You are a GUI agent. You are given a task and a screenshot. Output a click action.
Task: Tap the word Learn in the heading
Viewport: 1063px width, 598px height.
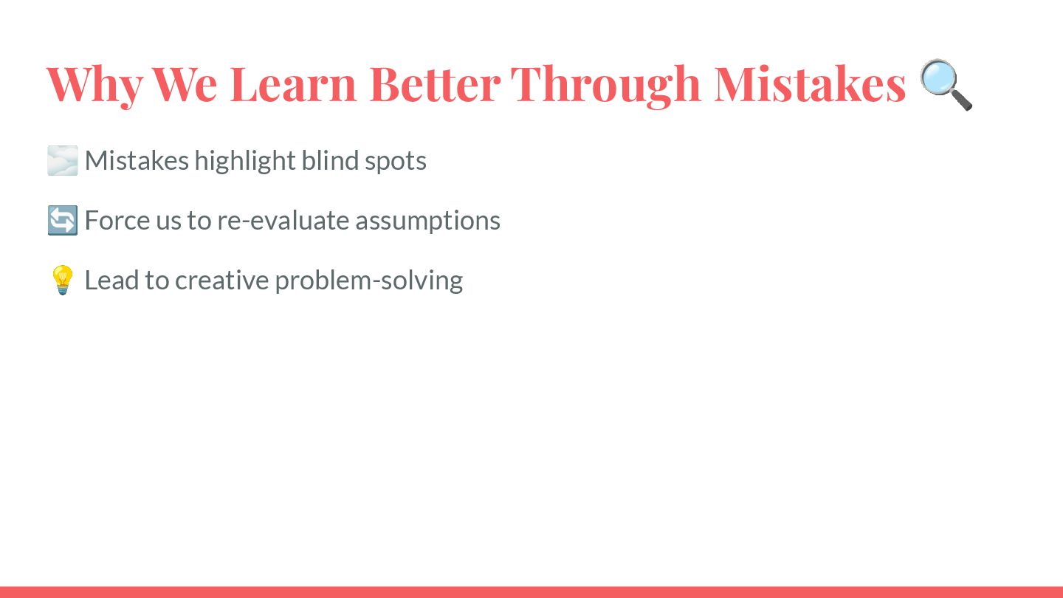point(293,84)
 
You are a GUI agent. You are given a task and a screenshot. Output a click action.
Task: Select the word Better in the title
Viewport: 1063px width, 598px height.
point(435,84)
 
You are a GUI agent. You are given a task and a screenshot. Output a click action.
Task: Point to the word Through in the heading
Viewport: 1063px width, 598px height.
point(606,86)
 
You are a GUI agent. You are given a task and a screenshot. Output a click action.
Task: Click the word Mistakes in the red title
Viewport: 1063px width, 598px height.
point(810,83)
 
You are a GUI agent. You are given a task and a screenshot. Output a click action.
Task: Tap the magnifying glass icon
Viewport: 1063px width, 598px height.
point(946,84)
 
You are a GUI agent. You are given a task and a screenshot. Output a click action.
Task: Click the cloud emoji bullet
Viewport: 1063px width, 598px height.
point(62,160)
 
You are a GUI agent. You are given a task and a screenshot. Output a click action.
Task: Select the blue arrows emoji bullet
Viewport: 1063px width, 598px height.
point(62,220)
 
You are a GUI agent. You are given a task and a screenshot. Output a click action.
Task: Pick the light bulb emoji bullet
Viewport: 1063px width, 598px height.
point(62,280)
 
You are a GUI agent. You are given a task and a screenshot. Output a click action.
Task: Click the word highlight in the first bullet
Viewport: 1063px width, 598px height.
point(245,161)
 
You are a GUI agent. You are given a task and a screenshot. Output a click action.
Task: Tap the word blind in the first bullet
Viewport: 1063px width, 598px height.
point(330,160)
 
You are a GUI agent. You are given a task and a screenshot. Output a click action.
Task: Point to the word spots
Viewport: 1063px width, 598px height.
point(396,162)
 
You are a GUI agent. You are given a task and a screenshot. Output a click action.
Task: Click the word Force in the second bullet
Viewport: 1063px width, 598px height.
point(117,220)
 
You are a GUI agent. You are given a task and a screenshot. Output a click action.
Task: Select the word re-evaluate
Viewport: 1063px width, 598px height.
point(283,220)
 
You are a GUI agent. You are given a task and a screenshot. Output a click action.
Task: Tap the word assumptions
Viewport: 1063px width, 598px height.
point(427,221)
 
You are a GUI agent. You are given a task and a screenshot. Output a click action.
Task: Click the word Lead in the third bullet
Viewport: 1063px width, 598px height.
point(111,280)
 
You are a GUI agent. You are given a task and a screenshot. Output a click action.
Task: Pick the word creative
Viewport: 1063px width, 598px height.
point(221,281)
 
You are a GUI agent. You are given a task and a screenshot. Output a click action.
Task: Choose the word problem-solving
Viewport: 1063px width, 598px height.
point(369,281)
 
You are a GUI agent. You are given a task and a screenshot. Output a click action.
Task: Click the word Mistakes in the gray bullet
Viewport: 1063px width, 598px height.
point(137,160)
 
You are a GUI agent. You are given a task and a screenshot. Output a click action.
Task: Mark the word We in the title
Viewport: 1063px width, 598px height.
point(185,84)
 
